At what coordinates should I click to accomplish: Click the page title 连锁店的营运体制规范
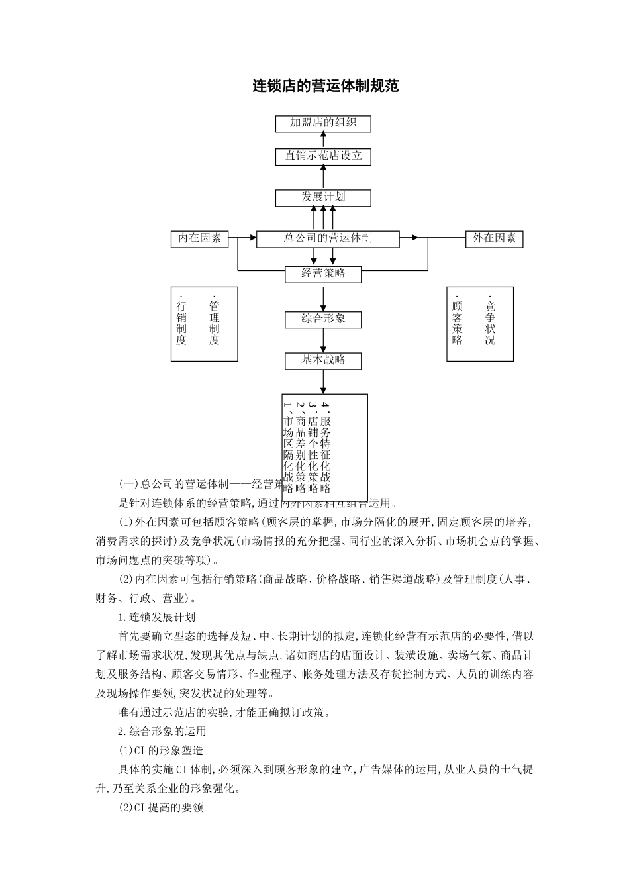point(326,86)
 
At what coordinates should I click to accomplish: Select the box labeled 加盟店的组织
point(323,123)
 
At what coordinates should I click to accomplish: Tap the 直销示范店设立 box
point(323,156)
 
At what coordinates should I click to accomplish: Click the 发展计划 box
point(323,197)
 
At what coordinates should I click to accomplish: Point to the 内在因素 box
point(199,239)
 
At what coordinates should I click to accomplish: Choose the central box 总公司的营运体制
point(328,239)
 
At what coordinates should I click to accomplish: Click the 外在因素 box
point(494,239)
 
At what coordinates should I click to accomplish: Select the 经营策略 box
point(323,273)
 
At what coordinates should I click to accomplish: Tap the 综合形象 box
point(323,319)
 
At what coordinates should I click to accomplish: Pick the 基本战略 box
point(323,360)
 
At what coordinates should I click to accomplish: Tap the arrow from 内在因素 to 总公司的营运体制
point(242,237)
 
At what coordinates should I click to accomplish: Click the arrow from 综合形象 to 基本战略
point(323,340)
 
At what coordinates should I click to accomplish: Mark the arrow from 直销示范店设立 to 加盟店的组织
point(323,140)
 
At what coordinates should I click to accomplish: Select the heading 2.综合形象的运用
point(162,732)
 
